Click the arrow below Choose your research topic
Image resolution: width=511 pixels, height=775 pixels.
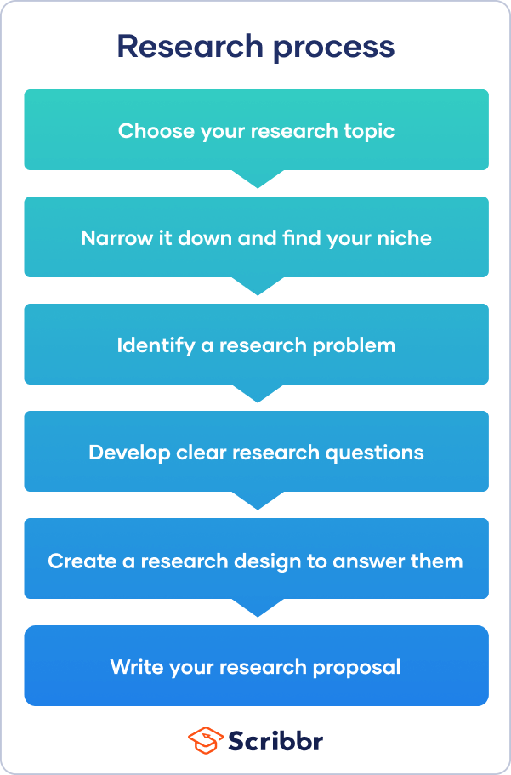pos(256,178)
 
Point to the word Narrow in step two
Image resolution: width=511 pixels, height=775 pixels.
pos(114,238)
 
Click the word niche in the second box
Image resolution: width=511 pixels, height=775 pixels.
pos(406,238)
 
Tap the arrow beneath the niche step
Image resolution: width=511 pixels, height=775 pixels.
pos(256,285)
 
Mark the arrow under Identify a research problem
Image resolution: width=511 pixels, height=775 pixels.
pos(256,392)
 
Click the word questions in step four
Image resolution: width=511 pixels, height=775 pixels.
pos(381,453)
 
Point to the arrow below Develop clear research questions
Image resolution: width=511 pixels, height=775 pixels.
pos(256,499)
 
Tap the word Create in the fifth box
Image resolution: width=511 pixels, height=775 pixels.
pos(77,561)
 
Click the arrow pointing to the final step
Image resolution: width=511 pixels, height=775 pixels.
pos(256,607)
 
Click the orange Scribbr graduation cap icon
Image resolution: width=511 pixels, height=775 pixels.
pos(205,740)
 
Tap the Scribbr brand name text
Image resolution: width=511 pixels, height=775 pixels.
pos(275,740)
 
